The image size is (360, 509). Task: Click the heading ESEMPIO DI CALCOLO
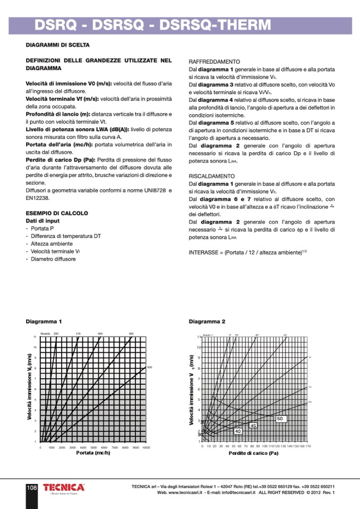(x=57, y=213)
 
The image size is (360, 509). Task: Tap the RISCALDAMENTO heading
(x=212, y=176)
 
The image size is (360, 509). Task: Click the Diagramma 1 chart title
(x=44, y=321)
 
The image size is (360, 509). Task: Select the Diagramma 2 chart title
(x=207, y=321)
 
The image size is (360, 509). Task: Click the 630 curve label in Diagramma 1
(x=149, y=367)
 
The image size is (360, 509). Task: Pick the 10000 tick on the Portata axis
(x=146, y=448)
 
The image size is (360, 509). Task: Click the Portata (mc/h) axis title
(x=93, y=453)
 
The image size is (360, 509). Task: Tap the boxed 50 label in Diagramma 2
(x=281, y=419)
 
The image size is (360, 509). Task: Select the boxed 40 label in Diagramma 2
(x=238, y=431)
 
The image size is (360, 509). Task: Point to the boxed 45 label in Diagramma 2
(x=253, y=426)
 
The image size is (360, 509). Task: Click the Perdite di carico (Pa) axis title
(x=254, y=454)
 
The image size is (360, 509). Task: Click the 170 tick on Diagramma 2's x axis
(x=308, y=447)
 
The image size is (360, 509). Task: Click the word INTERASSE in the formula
(x=203, y=252)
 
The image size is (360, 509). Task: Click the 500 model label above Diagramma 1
(x=131, y=333)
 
